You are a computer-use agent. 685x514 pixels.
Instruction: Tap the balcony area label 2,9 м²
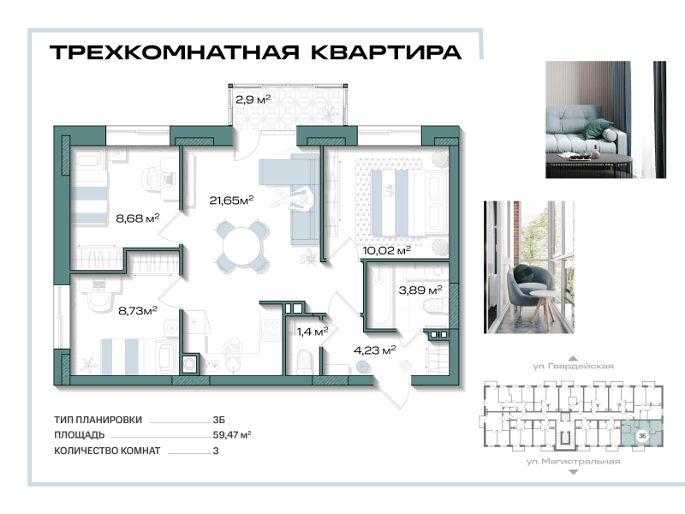[x=253, y=99]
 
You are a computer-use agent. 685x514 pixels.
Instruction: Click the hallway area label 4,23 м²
[x=375, y=349]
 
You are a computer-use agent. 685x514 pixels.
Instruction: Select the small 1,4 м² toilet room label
[x=312, y=331]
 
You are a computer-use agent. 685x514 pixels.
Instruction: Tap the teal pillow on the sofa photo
[x=605, y=128]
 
